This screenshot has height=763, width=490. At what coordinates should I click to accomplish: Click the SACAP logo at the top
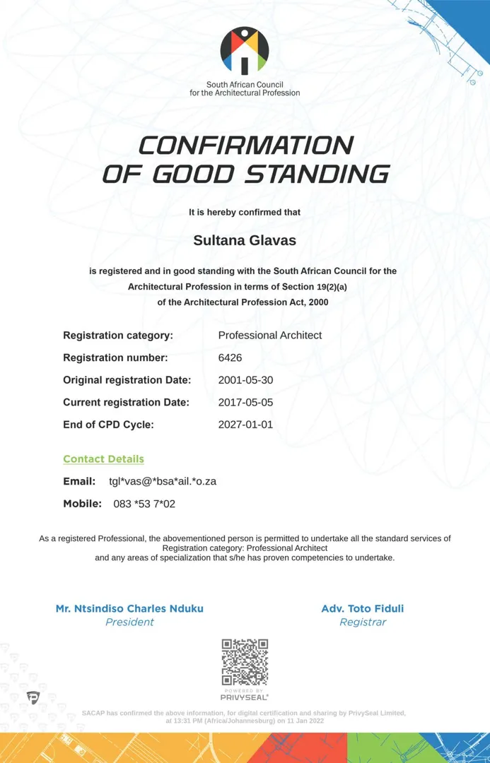[x=245, y=51]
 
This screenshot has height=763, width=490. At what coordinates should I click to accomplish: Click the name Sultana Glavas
[x=245, y=240]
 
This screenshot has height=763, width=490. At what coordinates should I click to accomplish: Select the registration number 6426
[x=230, y=357]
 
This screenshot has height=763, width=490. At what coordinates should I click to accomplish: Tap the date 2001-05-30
[x=245, y=380]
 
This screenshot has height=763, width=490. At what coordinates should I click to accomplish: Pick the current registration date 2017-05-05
[x=245, y=403]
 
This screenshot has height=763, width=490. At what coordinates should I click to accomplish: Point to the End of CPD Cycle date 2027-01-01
[x=245, y=425]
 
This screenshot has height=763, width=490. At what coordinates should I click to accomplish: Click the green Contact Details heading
[x=103, y=459]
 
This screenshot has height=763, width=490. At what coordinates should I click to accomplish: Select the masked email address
[x=163, y=482]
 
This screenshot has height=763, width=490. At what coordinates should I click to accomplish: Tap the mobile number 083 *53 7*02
[x=144, y=504]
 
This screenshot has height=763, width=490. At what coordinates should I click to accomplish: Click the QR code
[x=245, y=662]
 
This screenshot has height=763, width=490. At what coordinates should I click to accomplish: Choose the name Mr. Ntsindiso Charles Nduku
[x=129, y=608]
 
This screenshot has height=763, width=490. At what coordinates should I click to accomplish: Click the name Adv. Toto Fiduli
[x=363, y=608]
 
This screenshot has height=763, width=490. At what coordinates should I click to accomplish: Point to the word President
[x=129, y=622]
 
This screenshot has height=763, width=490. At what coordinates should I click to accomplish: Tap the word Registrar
[x=363, y=622]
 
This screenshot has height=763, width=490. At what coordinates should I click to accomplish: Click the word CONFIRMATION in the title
[x=245, y=146]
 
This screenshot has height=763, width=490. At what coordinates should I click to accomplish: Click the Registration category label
[x=118, y=336]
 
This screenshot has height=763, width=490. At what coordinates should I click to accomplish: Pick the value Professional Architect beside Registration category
[x=269, y=336]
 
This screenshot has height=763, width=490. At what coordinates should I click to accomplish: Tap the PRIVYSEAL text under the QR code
[x=245, y=697]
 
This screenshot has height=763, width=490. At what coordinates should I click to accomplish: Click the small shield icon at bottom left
[x=33, y=697]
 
